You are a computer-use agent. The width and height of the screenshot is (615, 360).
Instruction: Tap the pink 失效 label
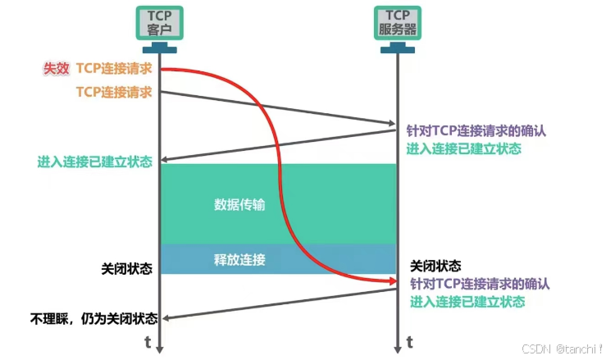(56, 68)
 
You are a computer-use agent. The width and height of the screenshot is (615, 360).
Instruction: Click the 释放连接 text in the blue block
(239, 260)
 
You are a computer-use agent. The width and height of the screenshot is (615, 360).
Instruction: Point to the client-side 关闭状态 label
(126, 268)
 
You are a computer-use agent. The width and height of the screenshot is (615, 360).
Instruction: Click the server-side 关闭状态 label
(435, 267)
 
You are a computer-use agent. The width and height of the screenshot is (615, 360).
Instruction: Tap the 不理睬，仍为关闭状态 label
(93, 317)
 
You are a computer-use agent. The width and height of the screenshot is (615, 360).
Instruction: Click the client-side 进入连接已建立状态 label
(95, 162)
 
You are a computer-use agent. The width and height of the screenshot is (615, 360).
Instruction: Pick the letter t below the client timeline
(148, 341)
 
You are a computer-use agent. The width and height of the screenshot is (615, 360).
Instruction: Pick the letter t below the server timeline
(409, 341)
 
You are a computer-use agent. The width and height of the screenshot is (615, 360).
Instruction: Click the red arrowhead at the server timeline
(391, 282)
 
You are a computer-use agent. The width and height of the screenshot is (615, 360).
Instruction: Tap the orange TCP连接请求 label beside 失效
(114, 68)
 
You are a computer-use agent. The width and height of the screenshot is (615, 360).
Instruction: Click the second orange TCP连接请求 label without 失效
(114, 92)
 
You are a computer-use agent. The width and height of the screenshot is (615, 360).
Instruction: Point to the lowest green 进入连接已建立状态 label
(467, 302)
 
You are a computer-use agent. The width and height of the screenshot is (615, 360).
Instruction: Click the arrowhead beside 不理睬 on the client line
(165, 317)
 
